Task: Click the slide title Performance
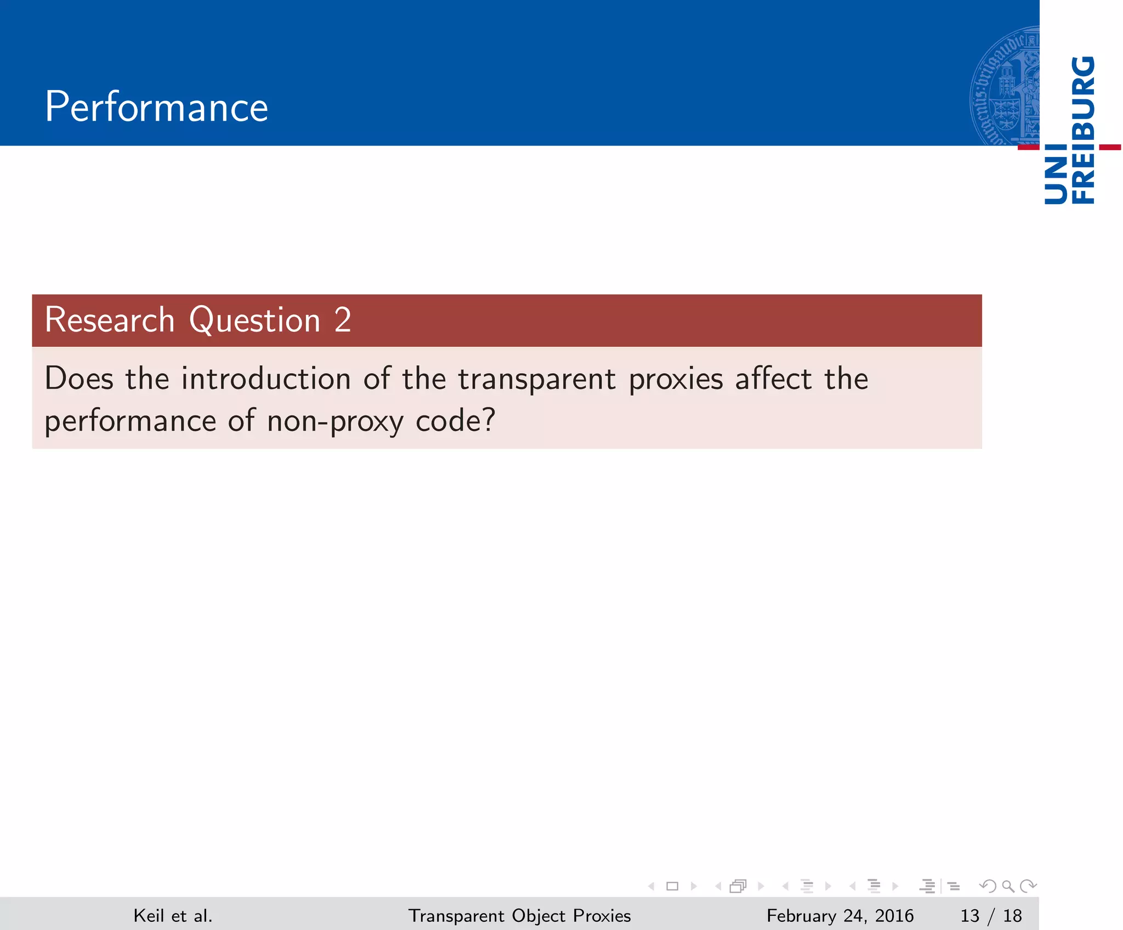click(156, 107)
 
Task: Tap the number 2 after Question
click(343, 320)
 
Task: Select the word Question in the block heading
click(254, 320)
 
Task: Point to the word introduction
click(266, 379)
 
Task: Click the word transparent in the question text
click(537, 380)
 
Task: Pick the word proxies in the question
click(676, 380)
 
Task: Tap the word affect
click(773, 379)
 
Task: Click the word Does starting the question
click(79, 379)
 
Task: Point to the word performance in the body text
click(131, 422)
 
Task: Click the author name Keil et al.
click(173, 916)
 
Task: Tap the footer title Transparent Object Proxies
click(519, 916)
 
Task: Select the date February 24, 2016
click(840, 916)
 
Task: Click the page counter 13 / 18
click(991, 916)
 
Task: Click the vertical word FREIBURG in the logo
click(1084, 129)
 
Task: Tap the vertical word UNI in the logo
click(1056, 174)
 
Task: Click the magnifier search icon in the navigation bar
click(1008, 886)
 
